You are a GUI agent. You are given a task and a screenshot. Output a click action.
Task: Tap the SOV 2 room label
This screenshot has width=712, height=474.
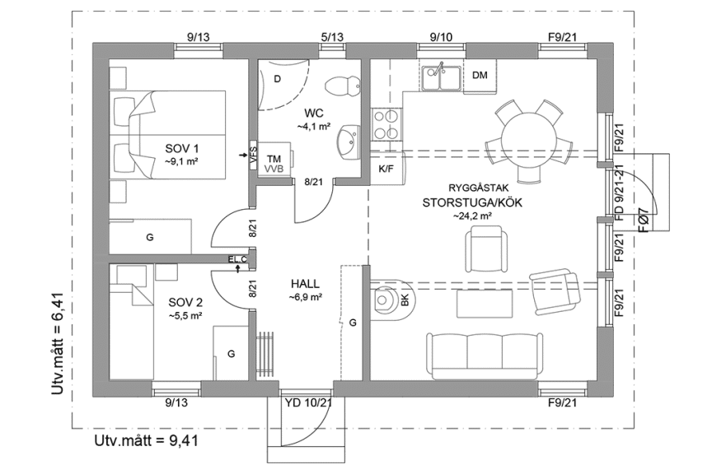(185, 301)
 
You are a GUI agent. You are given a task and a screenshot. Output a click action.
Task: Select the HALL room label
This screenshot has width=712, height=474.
(305, 284)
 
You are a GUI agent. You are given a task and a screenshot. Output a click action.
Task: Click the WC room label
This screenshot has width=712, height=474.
(313, 113)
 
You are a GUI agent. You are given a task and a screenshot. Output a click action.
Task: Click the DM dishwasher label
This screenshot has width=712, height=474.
(480, 76)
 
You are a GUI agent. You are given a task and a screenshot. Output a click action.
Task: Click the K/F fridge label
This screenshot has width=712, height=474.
(385, 169)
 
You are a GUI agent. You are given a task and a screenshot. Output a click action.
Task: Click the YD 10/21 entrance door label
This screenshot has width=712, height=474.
(307, 402)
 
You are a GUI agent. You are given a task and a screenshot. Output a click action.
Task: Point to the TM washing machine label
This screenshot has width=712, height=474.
(274, 158)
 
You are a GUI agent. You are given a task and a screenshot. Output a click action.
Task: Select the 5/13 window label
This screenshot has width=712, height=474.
(332, 36)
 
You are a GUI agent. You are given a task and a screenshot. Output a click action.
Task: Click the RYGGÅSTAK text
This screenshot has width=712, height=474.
(473, 187)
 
